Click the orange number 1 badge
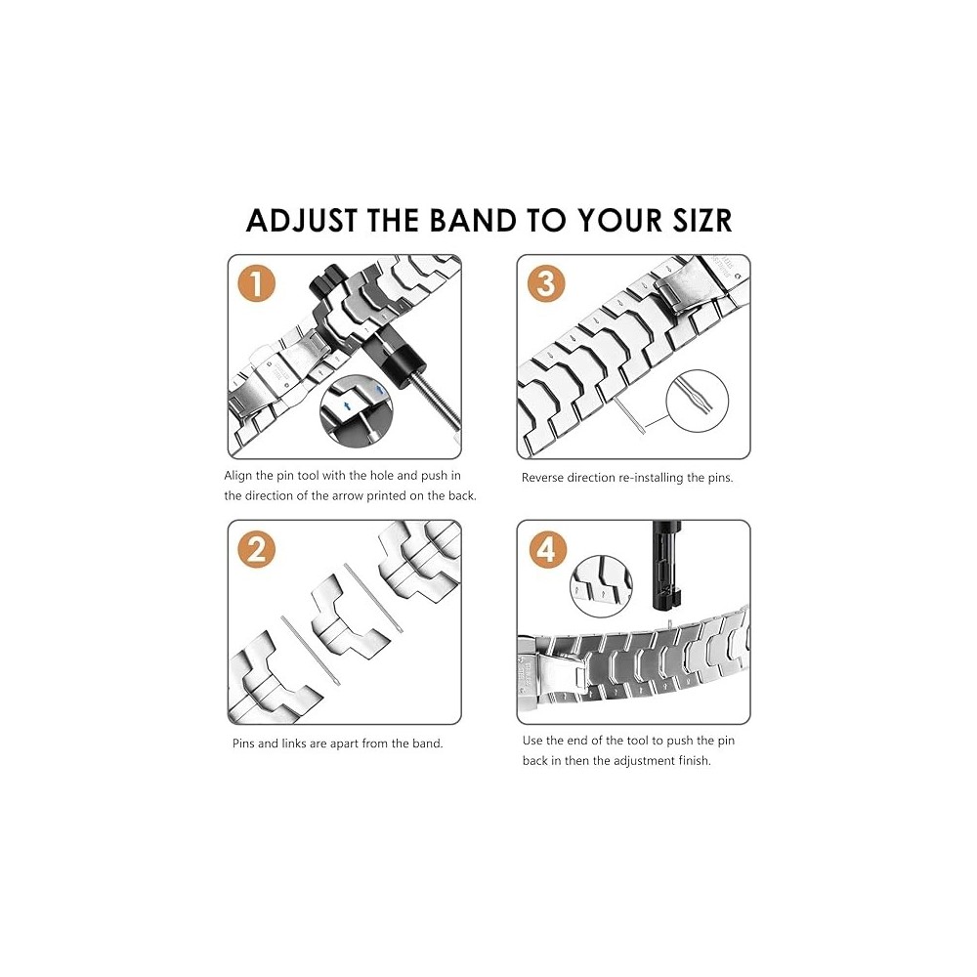[x=256, y=283]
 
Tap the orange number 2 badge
[x=256, y=549]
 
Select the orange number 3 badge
[x=546, y=283]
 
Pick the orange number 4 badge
[x=546, y=549]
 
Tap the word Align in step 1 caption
[x=238, y=476]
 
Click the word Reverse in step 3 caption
[x=544, y=478]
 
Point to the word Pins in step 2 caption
[x=245, y=743]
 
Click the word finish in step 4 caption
[x=693, y=761]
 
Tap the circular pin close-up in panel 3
[x=697, y=400]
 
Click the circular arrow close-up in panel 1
[x=356, y=410]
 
